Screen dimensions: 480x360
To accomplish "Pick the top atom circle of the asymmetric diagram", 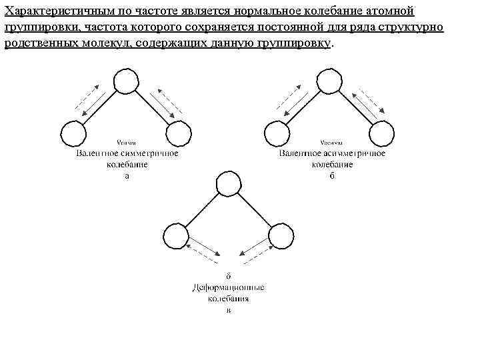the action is click(328, 81).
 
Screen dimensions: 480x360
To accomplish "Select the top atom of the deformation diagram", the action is click(227, 181).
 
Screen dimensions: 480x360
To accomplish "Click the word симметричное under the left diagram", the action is click(149, 153).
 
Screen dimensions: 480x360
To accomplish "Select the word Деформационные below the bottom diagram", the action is click(228, 288).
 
